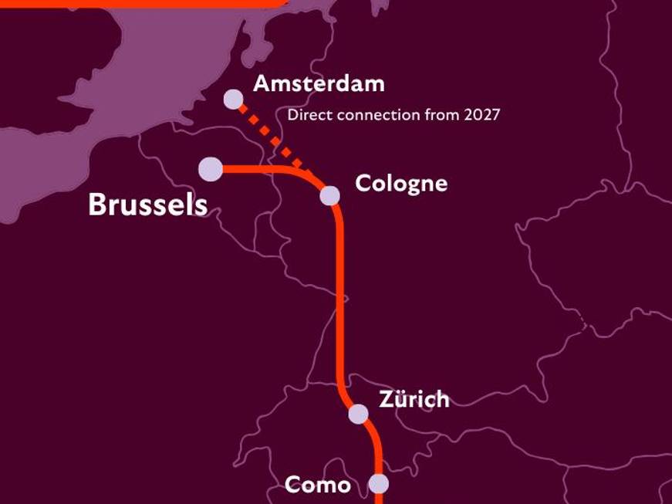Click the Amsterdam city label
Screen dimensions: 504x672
click(319, 83)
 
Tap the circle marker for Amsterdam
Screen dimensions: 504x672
click(233, 99)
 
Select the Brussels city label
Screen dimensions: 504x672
click(147, 205)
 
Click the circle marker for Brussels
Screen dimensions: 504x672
click(210, 169)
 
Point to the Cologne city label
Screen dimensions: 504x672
click(400, 184)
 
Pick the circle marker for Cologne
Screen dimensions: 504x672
click(329, 195)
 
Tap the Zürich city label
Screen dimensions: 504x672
click(414, 399)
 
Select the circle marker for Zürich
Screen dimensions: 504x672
click(358, 414)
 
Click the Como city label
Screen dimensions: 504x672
click(317, 485)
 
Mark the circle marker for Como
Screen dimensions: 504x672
click(378, 484)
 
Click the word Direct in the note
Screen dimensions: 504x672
click(304, 115)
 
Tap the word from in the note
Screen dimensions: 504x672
click(439, 115)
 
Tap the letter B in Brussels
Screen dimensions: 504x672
click(96, 205)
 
